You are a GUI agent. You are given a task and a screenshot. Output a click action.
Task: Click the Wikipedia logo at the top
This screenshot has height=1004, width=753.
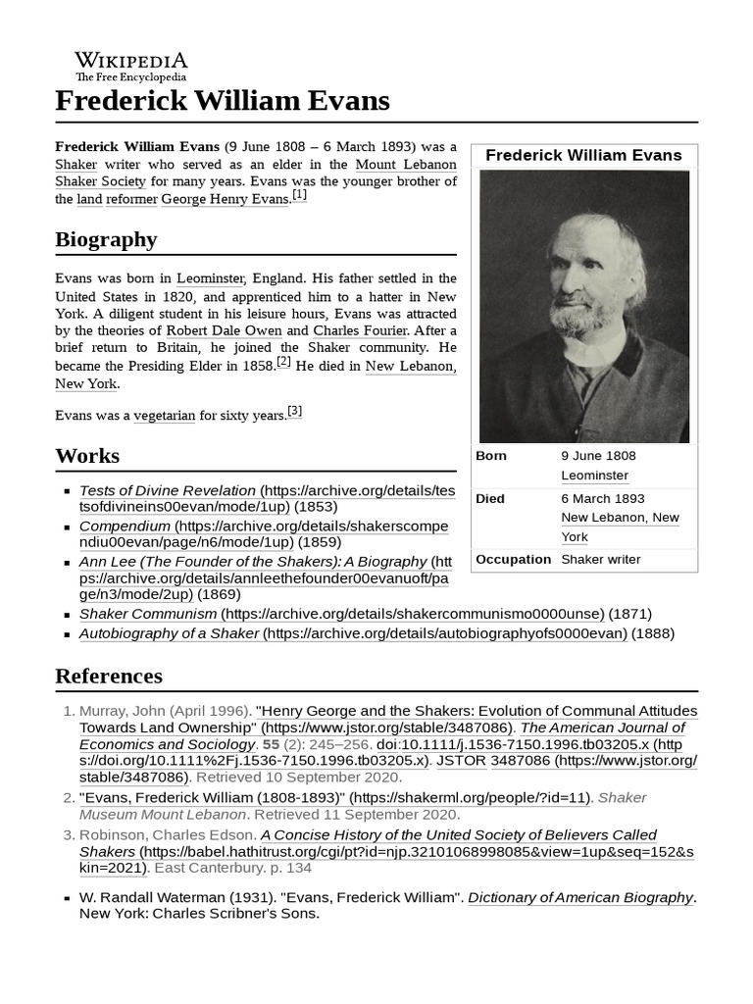pyautogui.click(x=131, y=66)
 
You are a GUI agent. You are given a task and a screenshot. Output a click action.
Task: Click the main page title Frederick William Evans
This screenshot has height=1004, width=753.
pyautogui.click(x=222, y=100)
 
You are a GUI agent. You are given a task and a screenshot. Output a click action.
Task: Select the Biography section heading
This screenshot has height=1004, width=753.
pyautogui.click(x=106, y=239)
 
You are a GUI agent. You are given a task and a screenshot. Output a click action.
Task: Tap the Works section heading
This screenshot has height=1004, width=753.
pyautogui.click(x=87, y=456)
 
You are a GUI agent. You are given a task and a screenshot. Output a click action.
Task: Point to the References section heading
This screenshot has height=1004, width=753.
pyautogui.click(x=109, y=676)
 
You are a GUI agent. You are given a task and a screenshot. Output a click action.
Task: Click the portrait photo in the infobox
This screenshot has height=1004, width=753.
pyautogui.click(x=583, y=306)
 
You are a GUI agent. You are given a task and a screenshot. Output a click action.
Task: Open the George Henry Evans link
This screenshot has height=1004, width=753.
pyautogui.click(x=225, y=199)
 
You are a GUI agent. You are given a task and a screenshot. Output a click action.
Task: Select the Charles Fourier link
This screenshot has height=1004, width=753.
pyautogui.click(x=360, y=331)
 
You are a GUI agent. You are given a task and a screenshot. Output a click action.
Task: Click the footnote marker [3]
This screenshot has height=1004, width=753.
pyautogui.click(x=295, y=412)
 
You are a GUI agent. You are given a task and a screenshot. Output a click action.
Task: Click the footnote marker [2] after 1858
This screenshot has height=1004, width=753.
pyautogui.click(x=284, y=363)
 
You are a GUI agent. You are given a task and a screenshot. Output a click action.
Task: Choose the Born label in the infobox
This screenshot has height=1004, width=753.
pyautogui.click(x=491, y=456)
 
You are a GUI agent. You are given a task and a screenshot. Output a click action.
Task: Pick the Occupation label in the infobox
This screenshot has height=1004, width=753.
pyautogui.click(x=513, y=559)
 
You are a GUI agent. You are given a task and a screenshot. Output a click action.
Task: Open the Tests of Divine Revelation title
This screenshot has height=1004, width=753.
pyautogui.click(x=168, y=489)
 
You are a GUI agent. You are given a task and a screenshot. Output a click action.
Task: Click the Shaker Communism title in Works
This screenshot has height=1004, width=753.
pyautogui.click(x=148, y=614)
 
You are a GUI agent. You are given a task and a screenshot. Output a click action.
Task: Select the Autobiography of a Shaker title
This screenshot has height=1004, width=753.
pyautogui.click(x=170, y=633)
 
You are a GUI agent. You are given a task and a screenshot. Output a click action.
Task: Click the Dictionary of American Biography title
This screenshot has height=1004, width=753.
pyautogui.click(x=580, y=897)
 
